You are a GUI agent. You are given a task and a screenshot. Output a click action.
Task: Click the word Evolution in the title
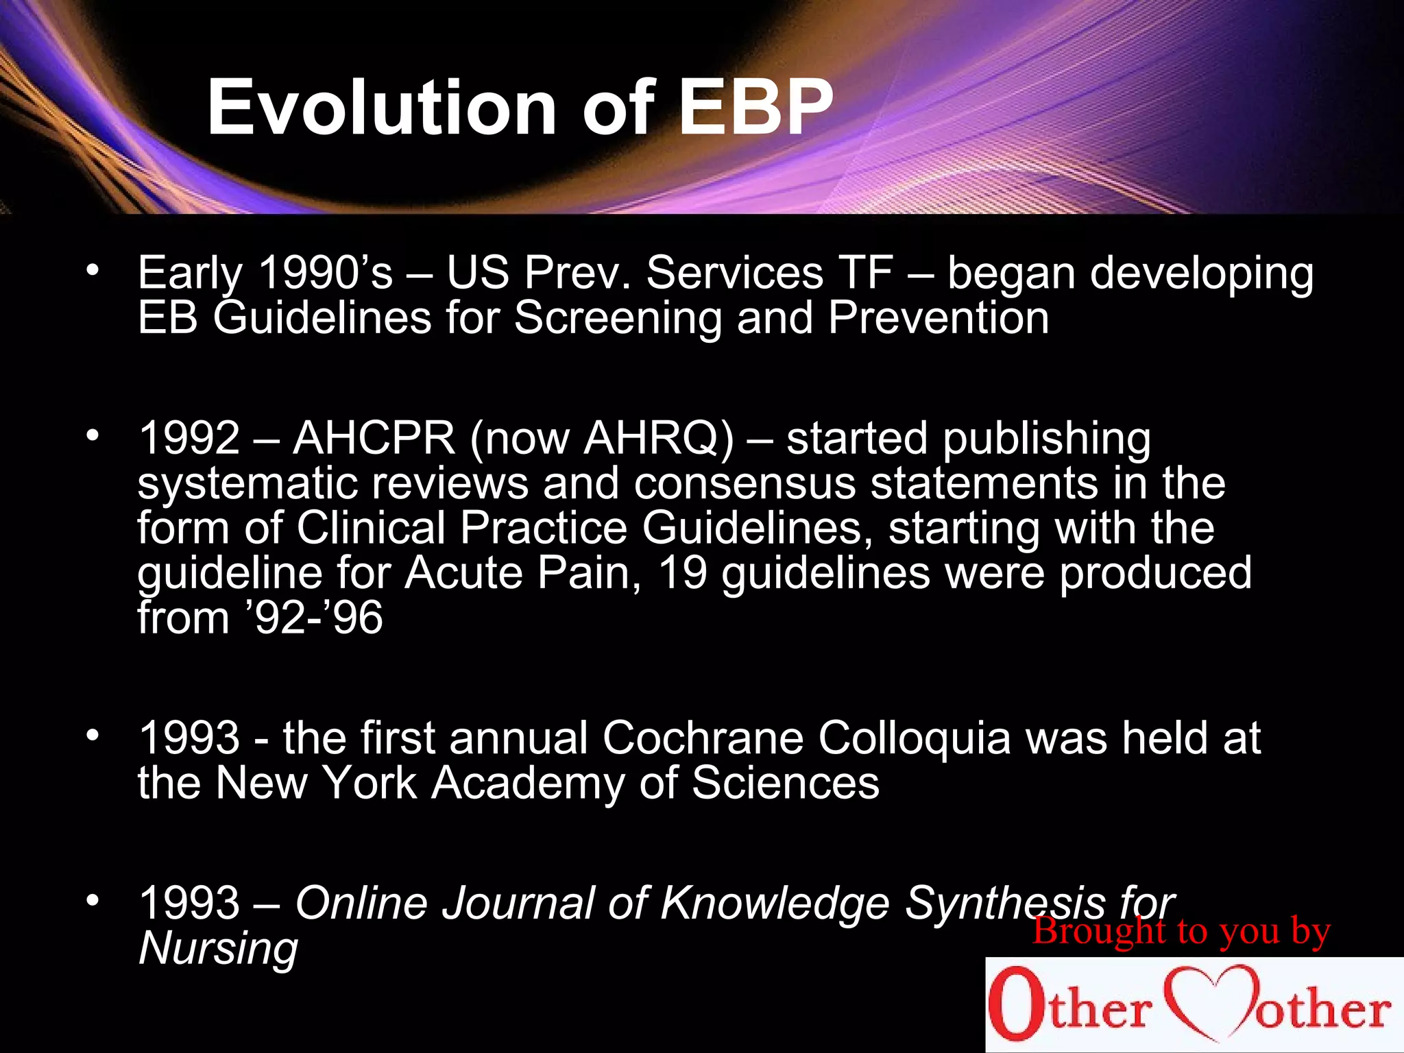pyautogui.click(x=380, y=108)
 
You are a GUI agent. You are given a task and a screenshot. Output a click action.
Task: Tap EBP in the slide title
pyautogui.click(x=755, y=108)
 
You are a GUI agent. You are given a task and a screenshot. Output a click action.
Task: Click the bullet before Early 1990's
pyautogui.click(x=93, y=269)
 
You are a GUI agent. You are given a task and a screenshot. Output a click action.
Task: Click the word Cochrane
pyautogui.click(x=703, y=738)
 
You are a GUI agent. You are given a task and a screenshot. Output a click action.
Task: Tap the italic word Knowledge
pyautogui.click(x=774, y=903)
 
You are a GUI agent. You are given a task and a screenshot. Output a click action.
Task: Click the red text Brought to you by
pyautogui.click(x=1181, y=931)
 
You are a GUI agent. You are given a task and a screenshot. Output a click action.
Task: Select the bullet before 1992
pyautogui.click(x=93, y=435)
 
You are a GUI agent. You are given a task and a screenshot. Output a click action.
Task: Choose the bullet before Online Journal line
pyautogui.click(x=93, y=899)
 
